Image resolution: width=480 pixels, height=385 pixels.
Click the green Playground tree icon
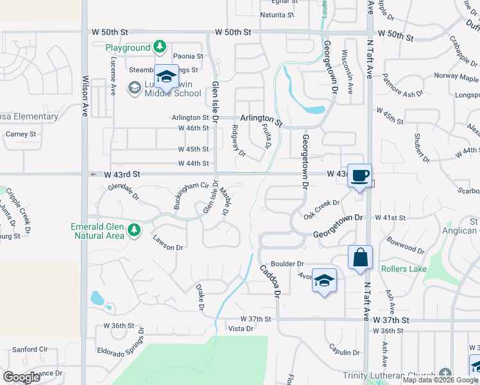pos(160,47)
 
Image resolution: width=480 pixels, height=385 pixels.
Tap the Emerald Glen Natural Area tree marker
pos(133,230)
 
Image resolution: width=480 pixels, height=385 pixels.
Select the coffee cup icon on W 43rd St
pos(360,175)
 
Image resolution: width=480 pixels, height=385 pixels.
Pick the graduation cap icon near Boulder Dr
pos(324,280)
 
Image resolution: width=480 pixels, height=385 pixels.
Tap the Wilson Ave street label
pos(85,96)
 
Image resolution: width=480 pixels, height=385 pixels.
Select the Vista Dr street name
pos(241,329)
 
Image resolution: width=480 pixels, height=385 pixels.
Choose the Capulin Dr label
pos(344,352)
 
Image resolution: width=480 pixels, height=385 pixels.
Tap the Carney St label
pos(21,134)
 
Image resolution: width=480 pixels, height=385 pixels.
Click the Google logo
pos(22,377)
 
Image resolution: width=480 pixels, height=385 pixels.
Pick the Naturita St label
pos(277,14)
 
